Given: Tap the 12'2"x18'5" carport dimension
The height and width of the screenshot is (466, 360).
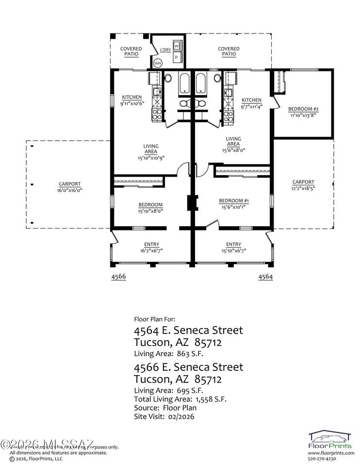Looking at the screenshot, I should (x=303, y=188).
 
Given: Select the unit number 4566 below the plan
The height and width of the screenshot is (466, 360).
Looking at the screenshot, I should (x=119, y=276).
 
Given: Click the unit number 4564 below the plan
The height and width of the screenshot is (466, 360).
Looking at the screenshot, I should (x=265, y=276).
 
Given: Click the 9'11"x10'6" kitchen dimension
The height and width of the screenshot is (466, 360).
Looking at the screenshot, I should (x=131, y=103).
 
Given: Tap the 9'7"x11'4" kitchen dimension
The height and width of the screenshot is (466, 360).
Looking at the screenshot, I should (x=251, y=106).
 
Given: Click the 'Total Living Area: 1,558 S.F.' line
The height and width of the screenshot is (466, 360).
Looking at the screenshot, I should (x=180, y=399).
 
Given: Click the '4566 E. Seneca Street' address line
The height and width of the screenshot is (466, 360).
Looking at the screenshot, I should (x=188, y=366).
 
